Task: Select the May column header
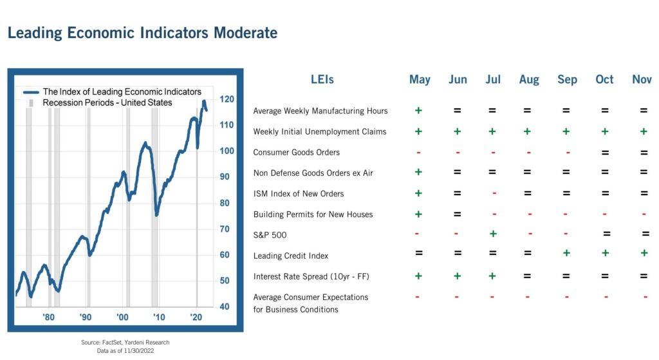(x=420, y=79)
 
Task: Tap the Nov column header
(x=642, y=79)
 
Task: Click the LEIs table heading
(x=322, y=80)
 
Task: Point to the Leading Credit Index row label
(x=291, y=256)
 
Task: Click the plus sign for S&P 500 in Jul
(x=492, y=234)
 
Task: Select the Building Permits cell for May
(x=418, y=214)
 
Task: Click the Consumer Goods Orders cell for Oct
(x=605, y=153)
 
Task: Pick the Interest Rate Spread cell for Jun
(x=457, y=276)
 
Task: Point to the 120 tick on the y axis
(x=227, y=99)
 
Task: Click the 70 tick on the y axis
(x=225, y=229)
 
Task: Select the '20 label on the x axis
(x=196, y=317)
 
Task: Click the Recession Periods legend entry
(x=107, y=102)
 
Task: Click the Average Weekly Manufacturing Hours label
(x=320, y=111)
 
